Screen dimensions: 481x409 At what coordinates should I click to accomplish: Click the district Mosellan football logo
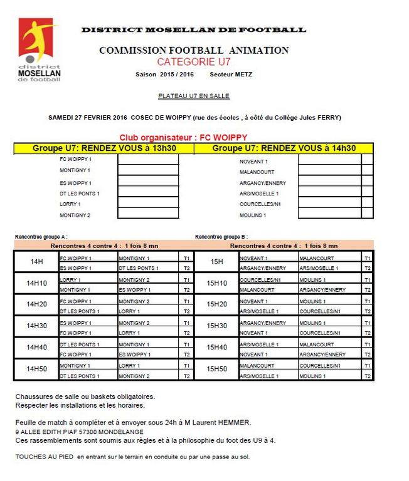(39, 50)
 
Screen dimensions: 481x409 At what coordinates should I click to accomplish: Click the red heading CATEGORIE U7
(193, 62)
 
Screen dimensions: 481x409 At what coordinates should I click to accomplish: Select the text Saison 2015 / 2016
(164, 75)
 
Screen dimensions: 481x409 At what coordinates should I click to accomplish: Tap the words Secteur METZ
(231, 75)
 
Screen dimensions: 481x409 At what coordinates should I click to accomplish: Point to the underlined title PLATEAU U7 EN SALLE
(194, 96)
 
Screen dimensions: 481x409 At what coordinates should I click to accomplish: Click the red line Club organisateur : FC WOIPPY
(183, 137)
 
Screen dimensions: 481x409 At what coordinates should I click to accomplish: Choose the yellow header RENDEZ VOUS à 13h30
(104, 148)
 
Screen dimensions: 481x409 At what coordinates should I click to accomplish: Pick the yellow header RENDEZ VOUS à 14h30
(284, 148)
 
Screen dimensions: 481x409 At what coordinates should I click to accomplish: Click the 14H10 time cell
(36, 284)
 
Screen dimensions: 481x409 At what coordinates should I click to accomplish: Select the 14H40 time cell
(36, 348)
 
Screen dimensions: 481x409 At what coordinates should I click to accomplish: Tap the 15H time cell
(216, 262)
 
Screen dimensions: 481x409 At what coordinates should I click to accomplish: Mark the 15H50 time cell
(216, 370)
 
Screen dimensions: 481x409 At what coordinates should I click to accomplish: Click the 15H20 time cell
(216, 305)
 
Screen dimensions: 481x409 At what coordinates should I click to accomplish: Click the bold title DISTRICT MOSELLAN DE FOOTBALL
(193, 29)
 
